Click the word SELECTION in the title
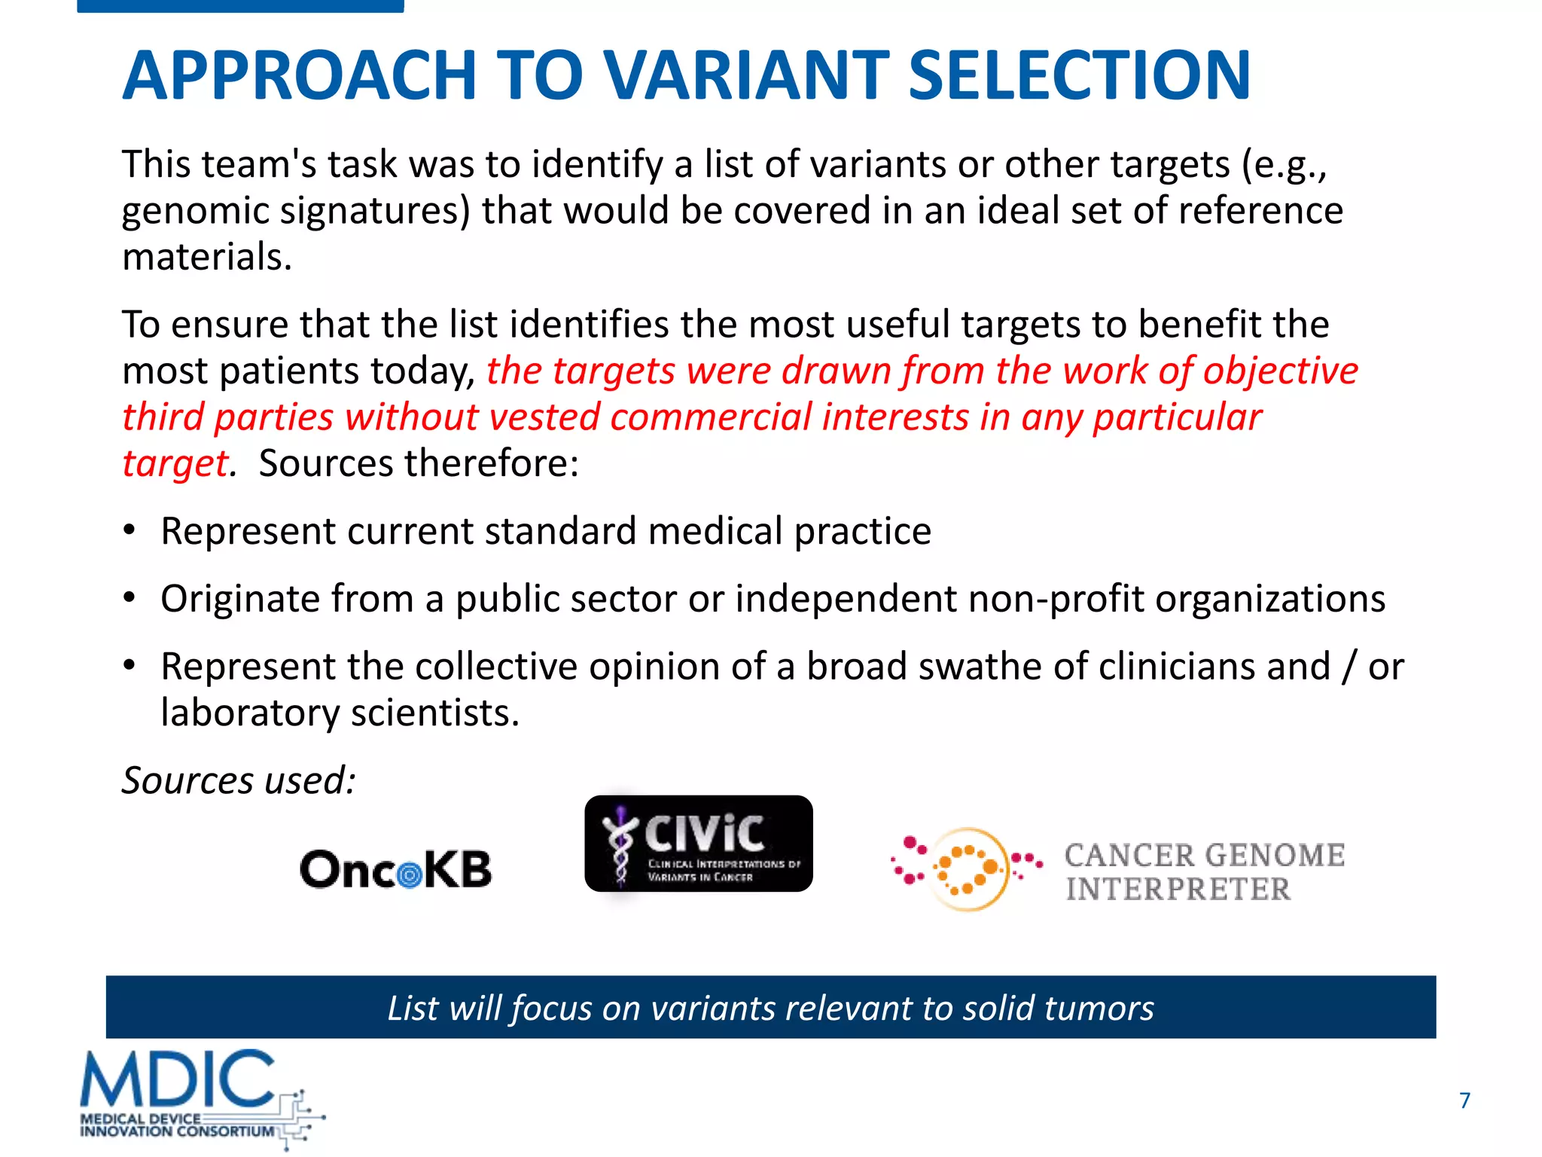click(1080, 75)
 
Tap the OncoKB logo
click(396, 869)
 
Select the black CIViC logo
click(699, 844)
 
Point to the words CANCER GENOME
click(1205, 855)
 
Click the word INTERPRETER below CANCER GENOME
click(1178, 890)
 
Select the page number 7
click(1464, 1101)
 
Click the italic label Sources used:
click(239, 780)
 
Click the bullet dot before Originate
click(130, 598)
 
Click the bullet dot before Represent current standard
click(130, 530)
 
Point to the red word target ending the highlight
click(175, 464)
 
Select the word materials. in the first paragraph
click(207, 257)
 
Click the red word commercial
click(711, 417)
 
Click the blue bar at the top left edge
click(240, 6)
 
